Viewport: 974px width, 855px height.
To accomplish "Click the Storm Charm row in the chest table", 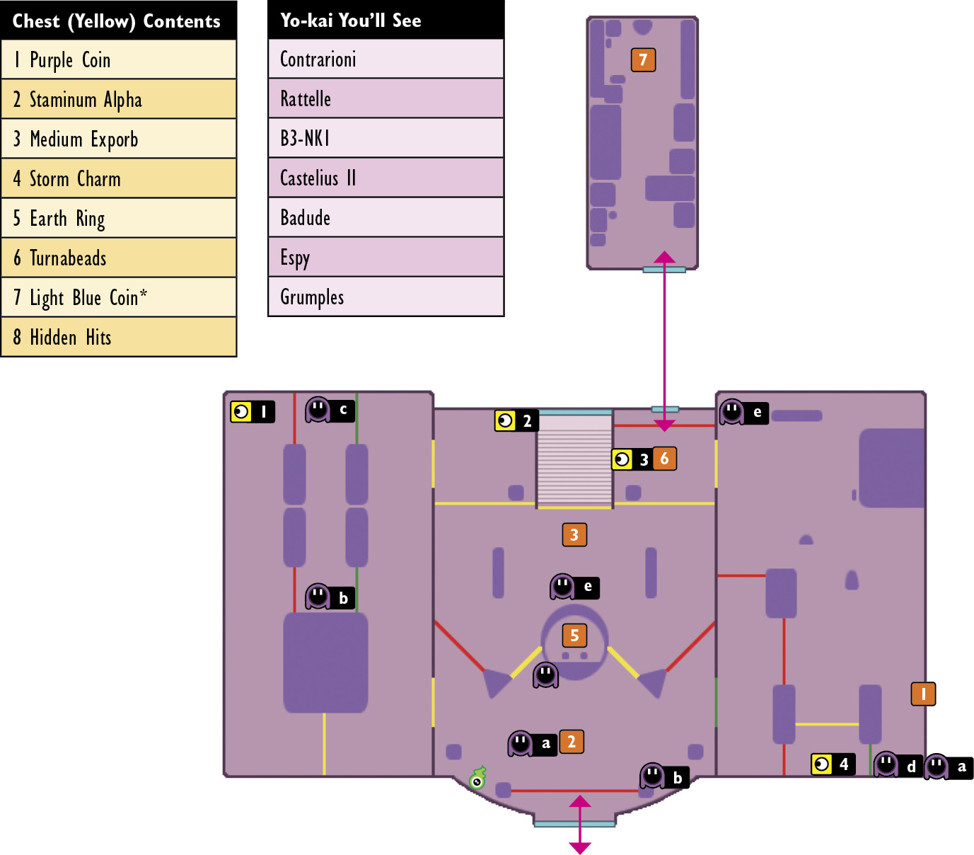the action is tap(118, 178).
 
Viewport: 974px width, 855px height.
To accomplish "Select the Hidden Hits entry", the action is tap(118, 337).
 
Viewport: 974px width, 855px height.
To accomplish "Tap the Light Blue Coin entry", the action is tap(118, 297).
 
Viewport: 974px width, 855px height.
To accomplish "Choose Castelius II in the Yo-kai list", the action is tap(385, 178).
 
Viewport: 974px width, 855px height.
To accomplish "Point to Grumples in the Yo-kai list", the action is tap(385, 297).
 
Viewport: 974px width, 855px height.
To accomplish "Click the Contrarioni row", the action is tap(385, 59).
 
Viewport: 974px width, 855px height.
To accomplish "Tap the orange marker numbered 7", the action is tap(643, 60).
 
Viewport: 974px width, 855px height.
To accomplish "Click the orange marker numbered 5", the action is tap(574, 636).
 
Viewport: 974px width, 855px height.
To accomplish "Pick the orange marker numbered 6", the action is tap(664, 459).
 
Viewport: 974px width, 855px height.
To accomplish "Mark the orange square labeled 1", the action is tap(923, 694).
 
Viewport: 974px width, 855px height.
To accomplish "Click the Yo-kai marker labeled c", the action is tap(330, 410).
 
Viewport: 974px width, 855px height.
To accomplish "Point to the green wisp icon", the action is tap(478, 778).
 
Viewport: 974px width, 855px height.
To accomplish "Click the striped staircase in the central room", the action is tap(574, 461).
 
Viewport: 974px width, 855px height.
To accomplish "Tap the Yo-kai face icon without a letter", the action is tap(545, 675).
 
